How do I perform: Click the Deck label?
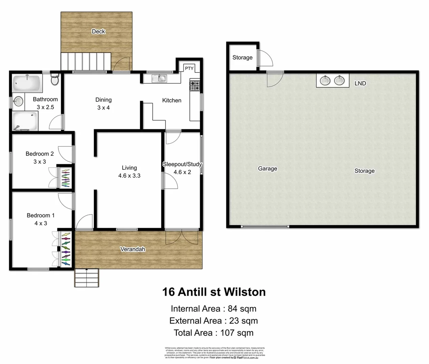(98, 31)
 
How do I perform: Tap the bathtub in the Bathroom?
(27, 83)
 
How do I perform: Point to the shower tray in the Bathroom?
(25, 121)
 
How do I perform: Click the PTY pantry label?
(189, 68)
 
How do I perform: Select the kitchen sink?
(159, 79)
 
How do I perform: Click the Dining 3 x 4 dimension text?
(103, 108)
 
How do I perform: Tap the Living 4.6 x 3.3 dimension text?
(129, 176)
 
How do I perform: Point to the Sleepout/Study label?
(182, 164)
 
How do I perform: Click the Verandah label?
(133, 249)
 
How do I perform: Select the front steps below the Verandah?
(86, 278)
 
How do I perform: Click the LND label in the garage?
(360, 83)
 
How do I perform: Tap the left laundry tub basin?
(325, 81)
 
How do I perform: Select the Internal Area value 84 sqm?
(242, 309)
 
